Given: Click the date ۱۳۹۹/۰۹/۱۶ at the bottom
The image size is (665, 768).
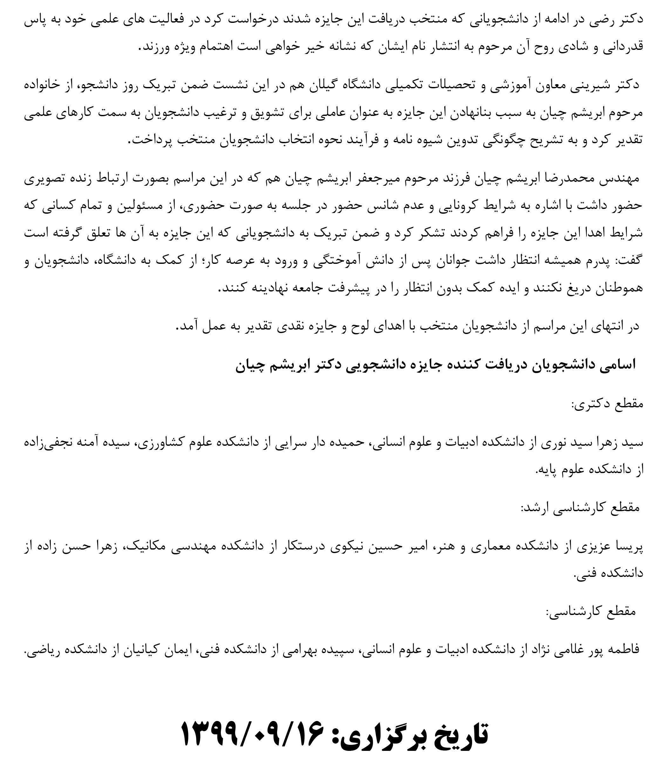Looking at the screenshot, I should (252, 733).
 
